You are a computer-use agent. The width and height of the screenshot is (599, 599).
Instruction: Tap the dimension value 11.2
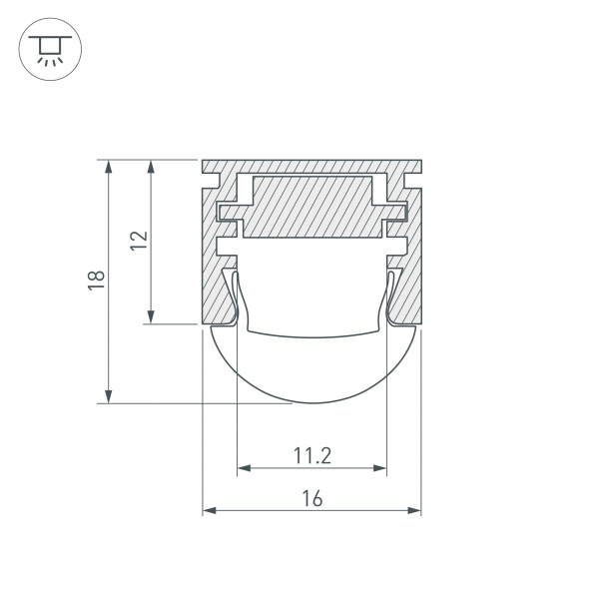click(x=311, y=456)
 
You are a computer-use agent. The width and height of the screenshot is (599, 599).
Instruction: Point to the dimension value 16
click(x=311, y=499)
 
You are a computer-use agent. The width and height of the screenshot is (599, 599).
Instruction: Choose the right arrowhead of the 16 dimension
click(x=414, y=511)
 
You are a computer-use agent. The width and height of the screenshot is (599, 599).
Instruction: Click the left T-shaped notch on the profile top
click(x=215, y=181)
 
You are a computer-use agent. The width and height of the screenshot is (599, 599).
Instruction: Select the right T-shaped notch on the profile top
click(x=408, y=181)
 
